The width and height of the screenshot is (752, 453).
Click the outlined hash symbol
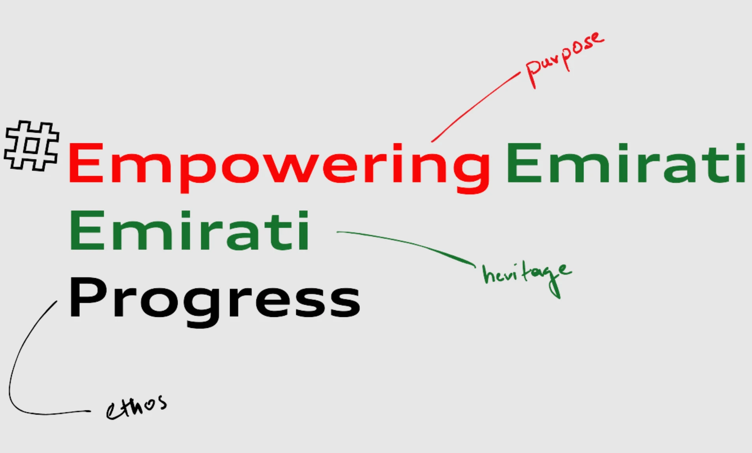32,146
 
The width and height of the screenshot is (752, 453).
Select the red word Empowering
279,167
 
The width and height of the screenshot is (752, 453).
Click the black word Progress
214,302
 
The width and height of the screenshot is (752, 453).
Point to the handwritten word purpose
564,59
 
